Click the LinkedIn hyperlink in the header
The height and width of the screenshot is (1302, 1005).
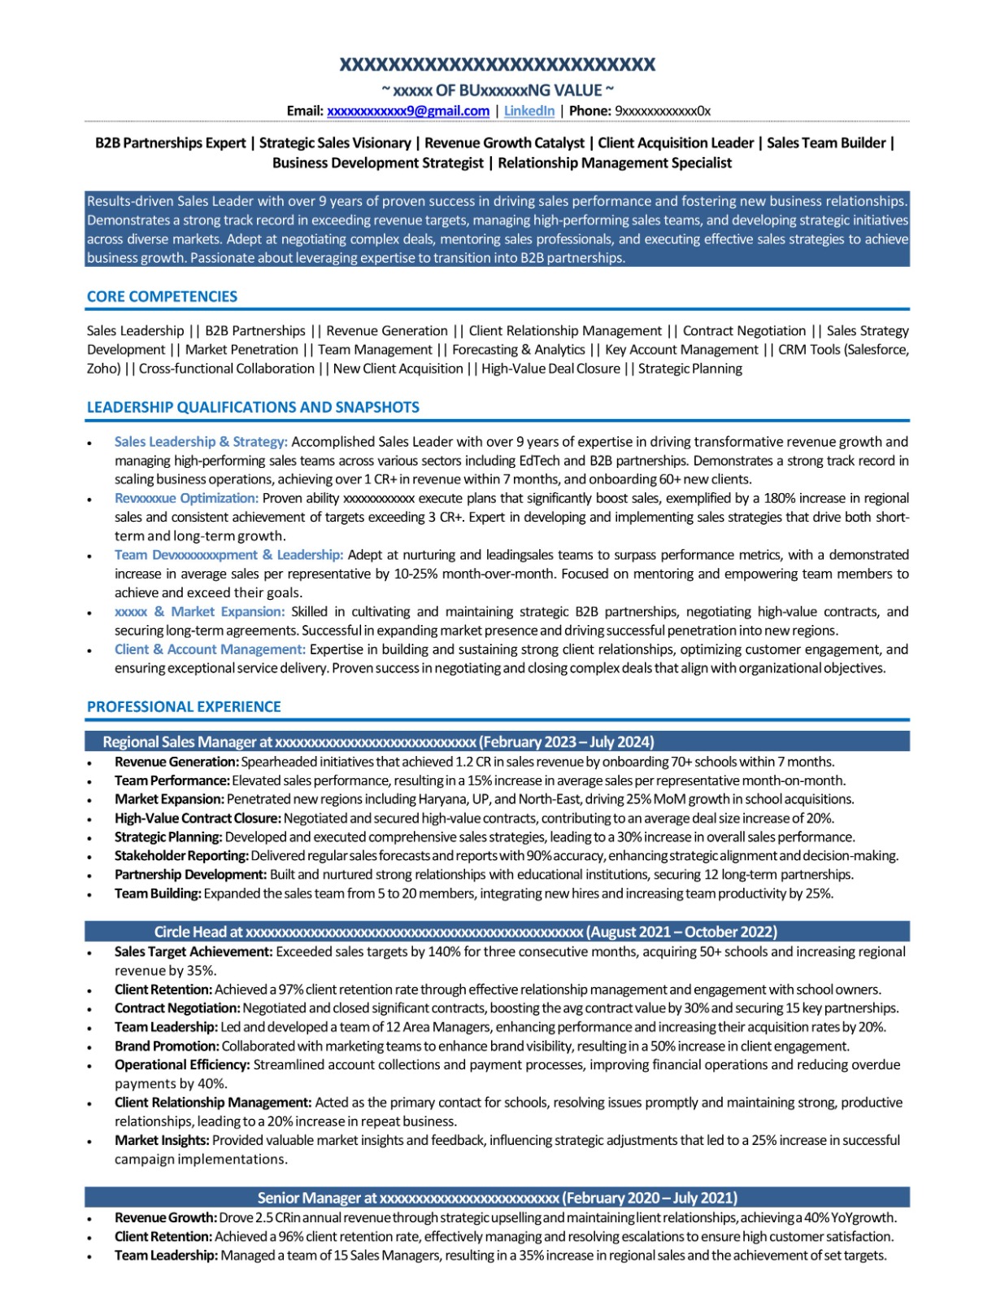529,111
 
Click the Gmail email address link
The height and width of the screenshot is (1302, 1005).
407,111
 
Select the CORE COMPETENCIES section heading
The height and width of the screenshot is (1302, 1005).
162,297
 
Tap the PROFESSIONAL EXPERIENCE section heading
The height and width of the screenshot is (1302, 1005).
184,707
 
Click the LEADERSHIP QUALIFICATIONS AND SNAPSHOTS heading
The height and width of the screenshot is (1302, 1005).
253,408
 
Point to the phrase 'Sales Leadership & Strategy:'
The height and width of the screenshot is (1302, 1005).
201,442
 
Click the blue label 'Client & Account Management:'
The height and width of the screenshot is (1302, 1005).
210,649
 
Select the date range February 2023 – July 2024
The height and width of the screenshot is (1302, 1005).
567,742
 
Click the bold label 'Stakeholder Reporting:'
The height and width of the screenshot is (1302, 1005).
181,856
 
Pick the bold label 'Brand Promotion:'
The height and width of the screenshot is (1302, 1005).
167,1046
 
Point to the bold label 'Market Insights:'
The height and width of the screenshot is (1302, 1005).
162,1141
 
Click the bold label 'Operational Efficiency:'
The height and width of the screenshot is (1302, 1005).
182,1065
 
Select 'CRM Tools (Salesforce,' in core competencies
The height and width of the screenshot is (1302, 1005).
843,350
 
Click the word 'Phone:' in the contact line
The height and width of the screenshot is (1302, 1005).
590,111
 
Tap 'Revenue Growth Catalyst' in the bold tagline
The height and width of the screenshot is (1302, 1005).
504,143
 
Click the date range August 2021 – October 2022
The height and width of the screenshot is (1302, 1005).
681,933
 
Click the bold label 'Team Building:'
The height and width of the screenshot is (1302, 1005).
158,893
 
